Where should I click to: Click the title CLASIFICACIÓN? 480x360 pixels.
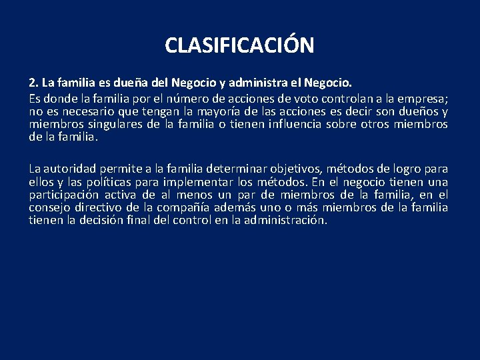239,45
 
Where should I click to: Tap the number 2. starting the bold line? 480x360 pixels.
34,84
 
